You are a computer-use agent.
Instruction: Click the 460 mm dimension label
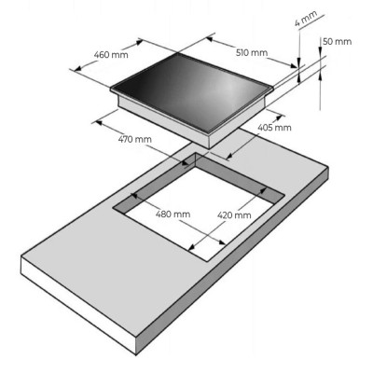coord(111,55)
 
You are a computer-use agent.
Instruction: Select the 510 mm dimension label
coord(252,53)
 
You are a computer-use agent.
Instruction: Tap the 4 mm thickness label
coord(306,19)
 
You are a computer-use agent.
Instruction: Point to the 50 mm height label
coord(338,41)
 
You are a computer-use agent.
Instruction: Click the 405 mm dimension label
coord(274,127)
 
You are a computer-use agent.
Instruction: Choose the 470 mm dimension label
coord(135,139)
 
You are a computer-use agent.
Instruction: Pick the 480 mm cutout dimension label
coord(173,214)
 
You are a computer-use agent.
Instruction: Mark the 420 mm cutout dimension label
coord(234,214)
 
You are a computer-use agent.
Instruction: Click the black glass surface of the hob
coord(192,90)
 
